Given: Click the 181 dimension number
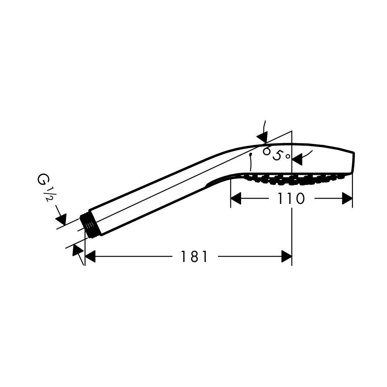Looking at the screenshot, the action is click(194, 257).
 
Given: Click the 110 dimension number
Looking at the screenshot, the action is click(291, 199).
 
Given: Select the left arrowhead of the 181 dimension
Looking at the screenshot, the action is click(90, 257).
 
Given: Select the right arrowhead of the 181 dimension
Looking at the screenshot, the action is click(286, 257).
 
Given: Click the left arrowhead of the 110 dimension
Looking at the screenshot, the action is click(236, 199).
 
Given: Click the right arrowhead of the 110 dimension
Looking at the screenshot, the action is click(347, 199).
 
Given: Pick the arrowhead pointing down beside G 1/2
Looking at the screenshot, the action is click(61, 219).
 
